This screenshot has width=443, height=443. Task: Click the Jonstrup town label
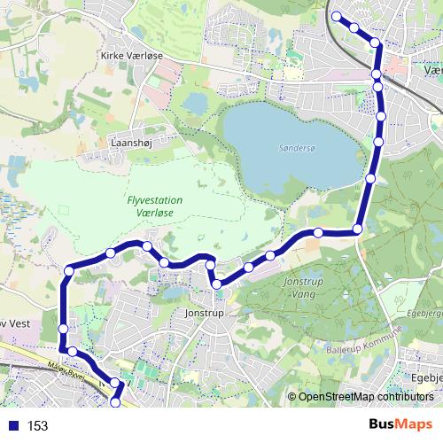click(x=203, y=313)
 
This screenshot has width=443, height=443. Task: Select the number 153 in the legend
click(x=37, y=426)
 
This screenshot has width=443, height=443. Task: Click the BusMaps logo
click(x=400, y=425)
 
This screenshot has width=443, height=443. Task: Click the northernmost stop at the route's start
click(x=336, y=16)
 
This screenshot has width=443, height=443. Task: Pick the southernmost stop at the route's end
click(x=114, y=403)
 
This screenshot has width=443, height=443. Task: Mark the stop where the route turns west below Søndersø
click(x=358, y=229)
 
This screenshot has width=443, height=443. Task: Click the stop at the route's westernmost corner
click(x=68, y=270)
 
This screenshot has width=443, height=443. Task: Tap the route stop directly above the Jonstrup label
click(x=215, y=284)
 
